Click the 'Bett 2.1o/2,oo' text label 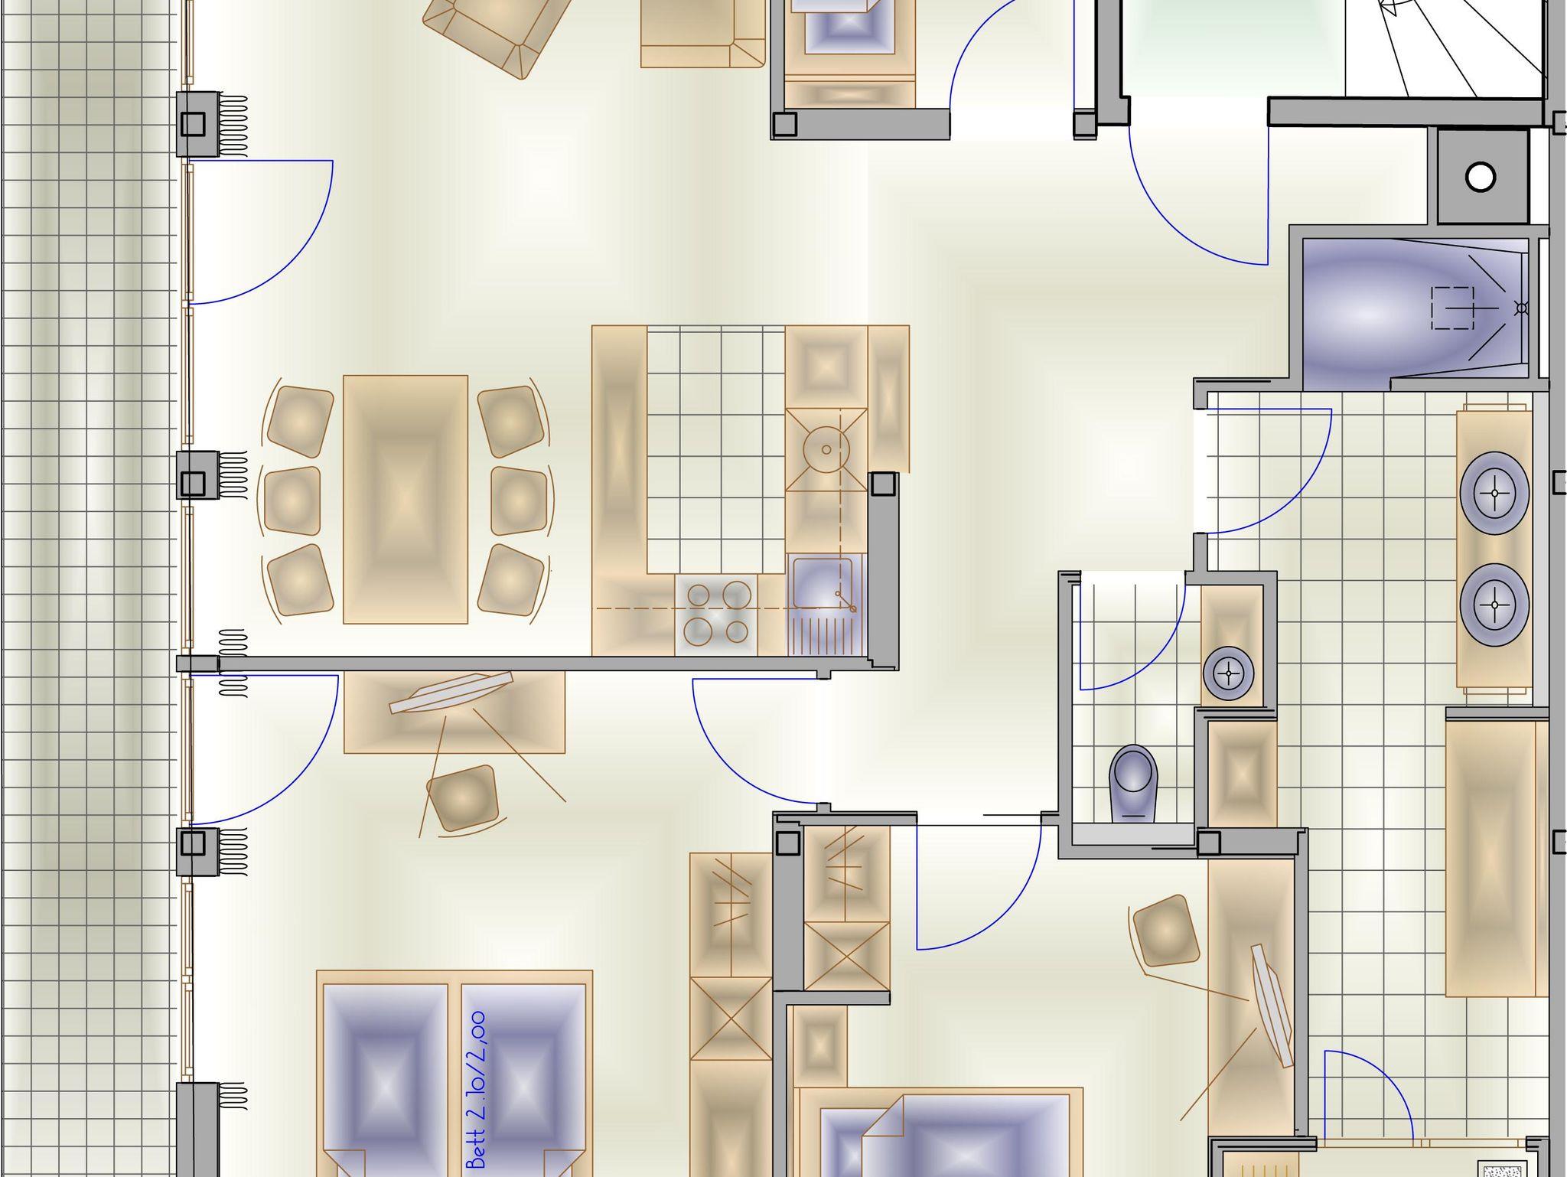point(477,1090)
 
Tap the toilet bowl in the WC point(1133,784)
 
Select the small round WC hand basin point(1229,674)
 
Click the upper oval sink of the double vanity point(1494,493)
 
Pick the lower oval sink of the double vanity point(1494,605)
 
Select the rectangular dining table point(406,499)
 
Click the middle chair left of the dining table point(292,500)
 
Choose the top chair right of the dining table point(511,422)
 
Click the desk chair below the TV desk point(462,798)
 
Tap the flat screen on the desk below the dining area point(451,693)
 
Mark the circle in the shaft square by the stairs point(1481,178)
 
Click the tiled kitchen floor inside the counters point(716,450)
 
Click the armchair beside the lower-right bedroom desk point(1165,931)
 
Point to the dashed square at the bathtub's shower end point(1452,308)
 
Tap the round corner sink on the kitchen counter point(826,449)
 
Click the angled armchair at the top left point(497,31)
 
